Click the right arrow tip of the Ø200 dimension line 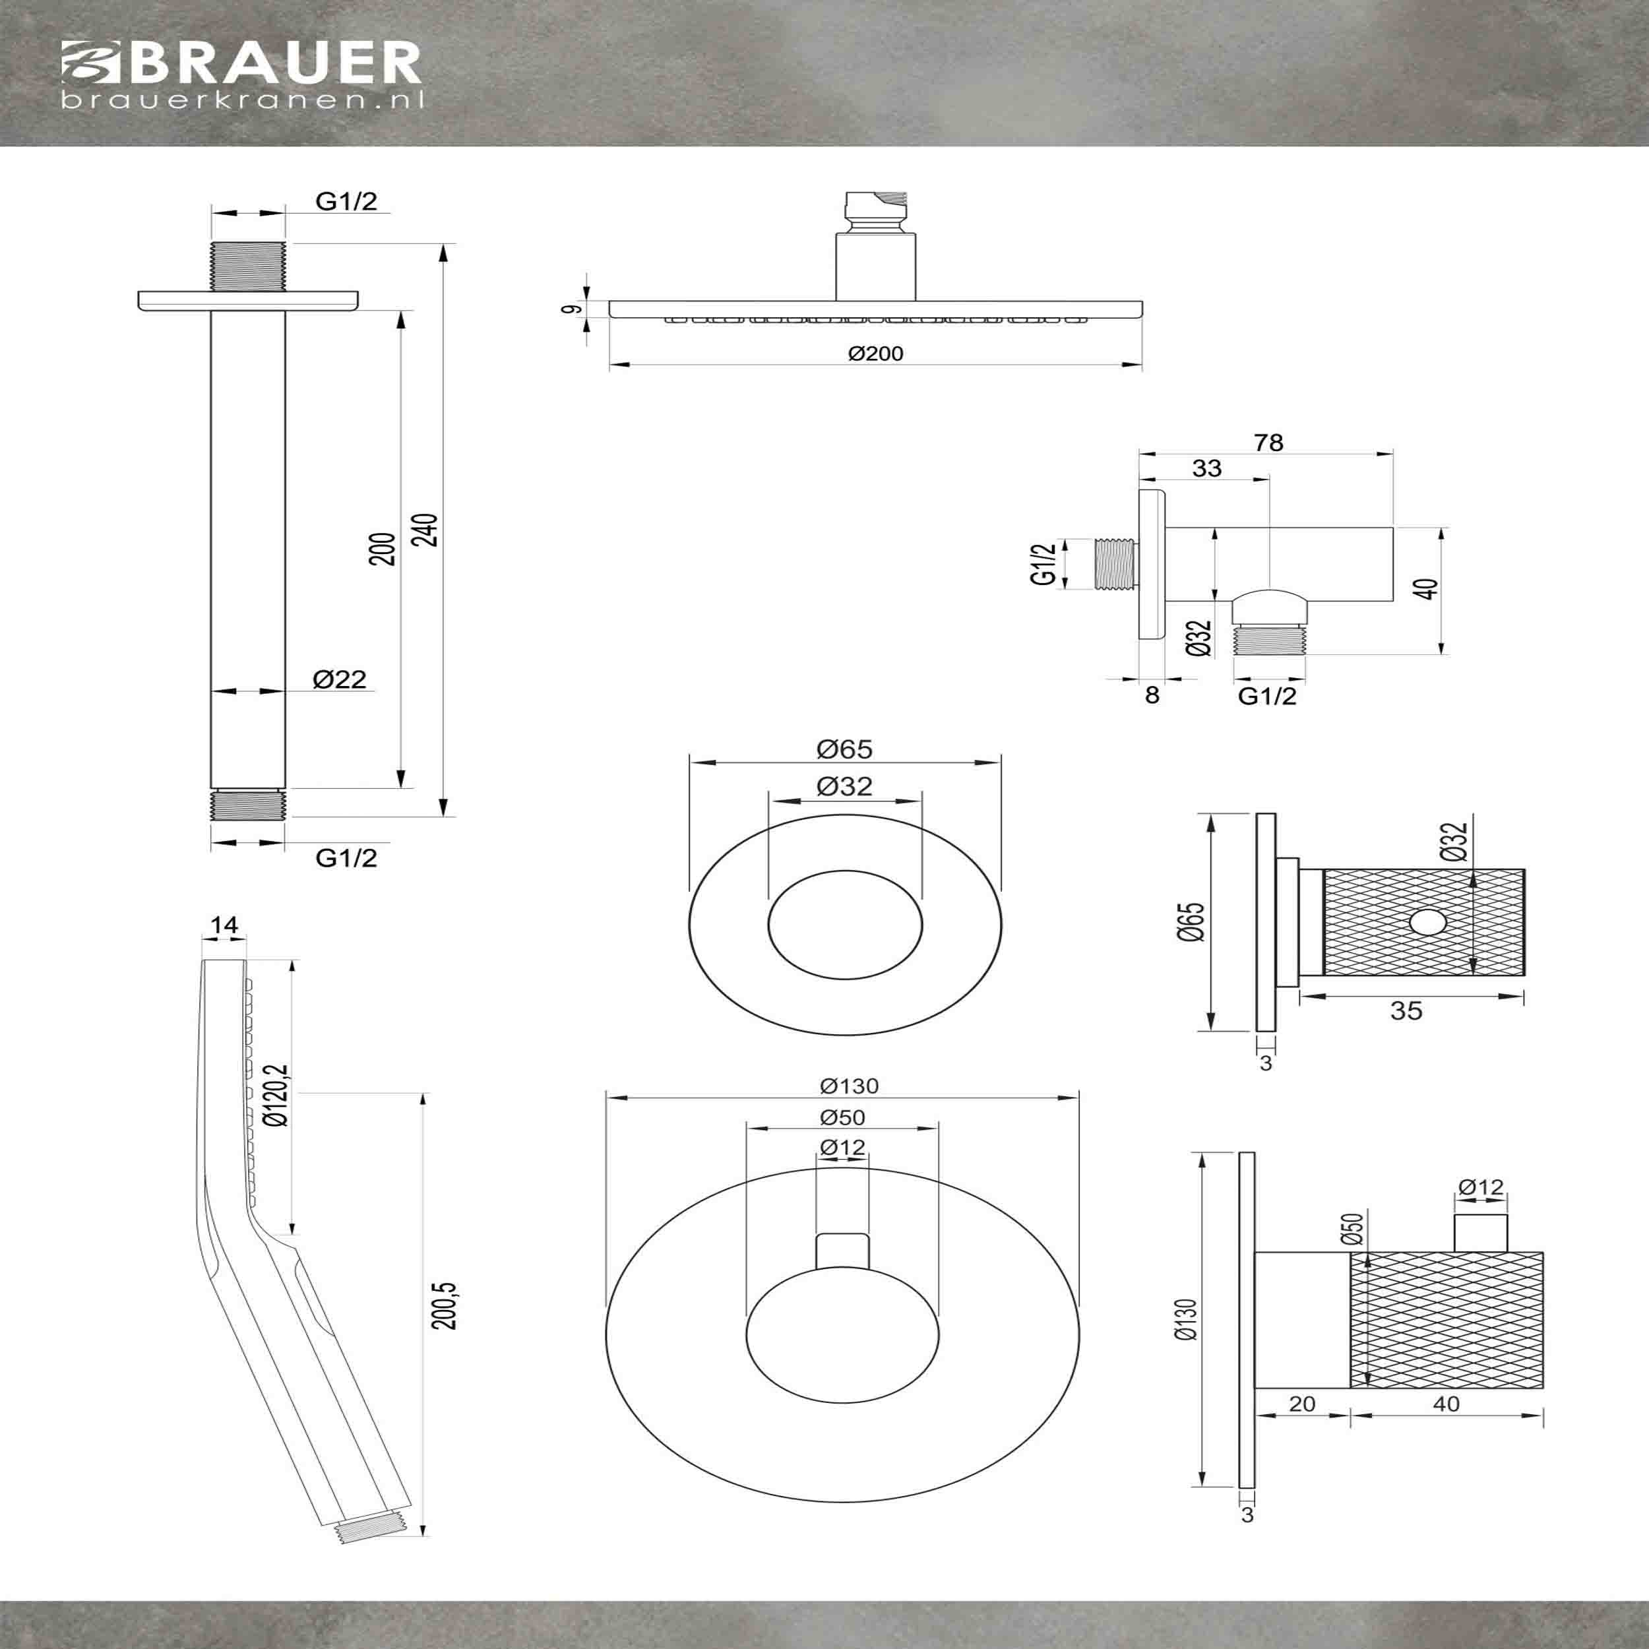1142,365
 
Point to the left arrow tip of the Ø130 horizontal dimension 605,1098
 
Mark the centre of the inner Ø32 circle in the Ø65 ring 845,925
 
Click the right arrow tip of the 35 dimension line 1524,993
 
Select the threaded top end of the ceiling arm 247,265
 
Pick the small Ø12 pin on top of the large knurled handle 1481,1231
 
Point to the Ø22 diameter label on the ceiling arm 340,679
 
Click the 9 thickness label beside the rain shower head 577,309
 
